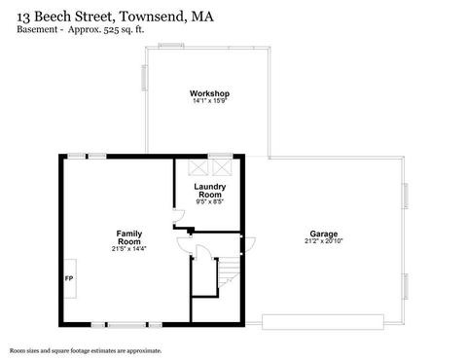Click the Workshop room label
pyautogui.click(x=209, y=93)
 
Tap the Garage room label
pyautogui.click(x=324, y=234)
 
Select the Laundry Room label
pyautogui.click(x=210, y=191)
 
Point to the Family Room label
pyautogui.click(x=129, y=237)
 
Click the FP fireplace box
pyautogui.click(x=69, y=278)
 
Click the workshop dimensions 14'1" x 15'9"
pyautogui.click(x=209, y=100)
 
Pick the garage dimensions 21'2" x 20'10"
pyautogui.click(x=324, y=241)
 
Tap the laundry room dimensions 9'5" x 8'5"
pyautogui.click(x=210, y=201)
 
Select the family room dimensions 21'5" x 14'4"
pyautogui.click(x=129, y=249)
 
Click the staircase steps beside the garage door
pyautogui.click(x=229, y=271)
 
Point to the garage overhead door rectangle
pyautogui.click(x=323, y=322)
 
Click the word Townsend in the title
pyautogui.click(x=153, y=17)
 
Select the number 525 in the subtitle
pyautogui.click(x=110, y=30)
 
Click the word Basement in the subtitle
pyautogui.click(x=37, y=29)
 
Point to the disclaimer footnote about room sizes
pyautogui.click(x=86, y=350)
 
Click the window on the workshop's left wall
pyautogui.click(x=144, y=78)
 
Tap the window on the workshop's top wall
pyautogui.click(x=171, y=46)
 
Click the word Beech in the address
pyautogui.click(x=54, y=17)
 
